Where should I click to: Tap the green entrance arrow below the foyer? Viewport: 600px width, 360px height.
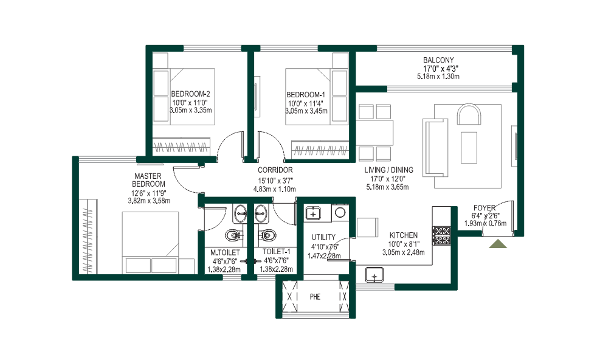(498, 244)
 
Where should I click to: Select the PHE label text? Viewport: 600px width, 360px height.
(315, 297)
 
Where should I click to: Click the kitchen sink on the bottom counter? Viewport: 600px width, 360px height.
(374, 275)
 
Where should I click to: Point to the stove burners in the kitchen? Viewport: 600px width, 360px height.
(441, 235)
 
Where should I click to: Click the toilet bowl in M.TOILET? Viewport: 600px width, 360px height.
(232, 235)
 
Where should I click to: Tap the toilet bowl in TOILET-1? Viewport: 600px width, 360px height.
(266, 235)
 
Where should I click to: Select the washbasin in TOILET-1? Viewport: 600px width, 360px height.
(261, 213)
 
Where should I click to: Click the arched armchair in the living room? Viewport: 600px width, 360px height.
(468, 116)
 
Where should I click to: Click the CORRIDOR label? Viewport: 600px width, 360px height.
(275, 170)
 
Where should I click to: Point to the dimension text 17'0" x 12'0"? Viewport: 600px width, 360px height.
(389, 179)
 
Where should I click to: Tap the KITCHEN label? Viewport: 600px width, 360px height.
(404, 235)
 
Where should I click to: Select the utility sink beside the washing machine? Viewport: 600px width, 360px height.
(313, 213)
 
